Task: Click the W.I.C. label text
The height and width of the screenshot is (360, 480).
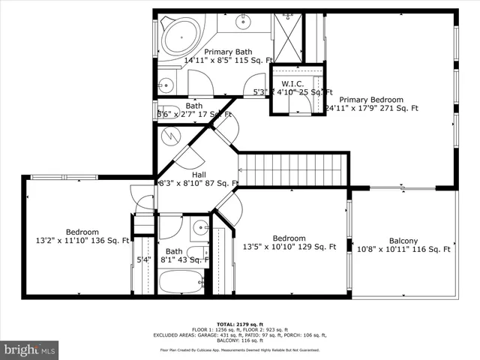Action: [292, 82]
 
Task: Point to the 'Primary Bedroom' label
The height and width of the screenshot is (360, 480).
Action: [370, 100]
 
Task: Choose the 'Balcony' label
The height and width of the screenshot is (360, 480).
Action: [403, 241]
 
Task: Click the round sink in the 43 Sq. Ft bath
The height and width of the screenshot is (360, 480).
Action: [200, 227]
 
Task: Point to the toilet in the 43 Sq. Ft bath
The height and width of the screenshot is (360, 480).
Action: [198, 253]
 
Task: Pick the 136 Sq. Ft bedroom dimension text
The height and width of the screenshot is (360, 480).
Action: [82, 241]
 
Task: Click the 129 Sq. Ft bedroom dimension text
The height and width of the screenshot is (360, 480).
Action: [289, 247]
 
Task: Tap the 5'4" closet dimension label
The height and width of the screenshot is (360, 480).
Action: [143, 260]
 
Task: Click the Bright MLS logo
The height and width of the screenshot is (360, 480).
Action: [30, 349]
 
